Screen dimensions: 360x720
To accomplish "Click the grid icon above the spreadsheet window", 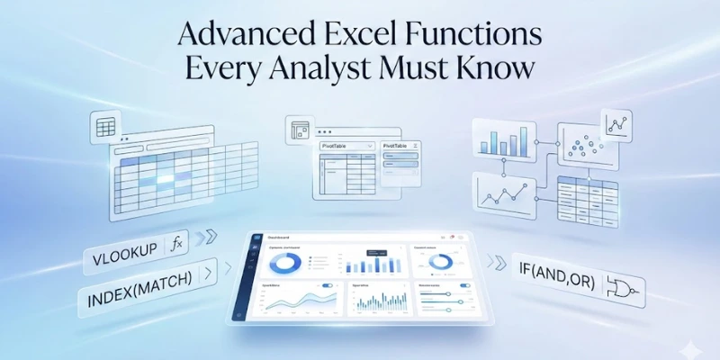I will pos(106,128).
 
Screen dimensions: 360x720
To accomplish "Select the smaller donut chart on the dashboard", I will pos(441,262).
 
